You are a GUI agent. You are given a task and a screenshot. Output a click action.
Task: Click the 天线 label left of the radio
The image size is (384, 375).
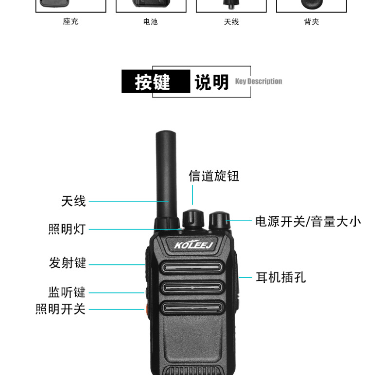(x=73, y=201)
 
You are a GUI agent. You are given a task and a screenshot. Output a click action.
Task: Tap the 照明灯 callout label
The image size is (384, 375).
(x=67, y=229)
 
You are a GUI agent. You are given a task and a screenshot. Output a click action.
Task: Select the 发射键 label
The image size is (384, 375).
(x=68, y=263)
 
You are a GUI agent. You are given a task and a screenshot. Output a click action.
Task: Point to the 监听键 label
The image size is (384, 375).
(x=67, y=292)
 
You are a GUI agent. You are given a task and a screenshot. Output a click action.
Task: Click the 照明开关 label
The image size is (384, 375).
(x=61, y=309)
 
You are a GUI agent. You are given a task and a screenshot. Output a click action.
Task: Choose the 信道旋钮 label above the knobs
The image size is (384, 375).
(x=214, y=176)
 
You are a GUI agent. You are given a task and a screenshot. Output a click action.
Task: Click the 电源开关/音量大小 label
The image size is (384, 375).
(x=308, y=222)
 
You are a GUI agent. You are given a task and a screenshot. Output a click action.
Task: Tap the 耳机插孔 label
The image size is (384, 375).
(x=281, y=277)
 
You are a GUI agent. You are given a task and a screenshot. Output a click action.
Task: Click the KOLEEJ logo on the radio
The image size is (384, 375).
(x=194, y=245)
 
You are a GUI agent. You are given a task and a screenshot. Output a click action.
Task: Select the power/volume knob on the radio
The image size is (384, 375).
(x=219, y=220)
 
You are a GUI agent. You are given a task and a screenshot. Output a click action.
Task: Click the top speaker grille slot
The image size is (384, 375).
(x=192, y=267)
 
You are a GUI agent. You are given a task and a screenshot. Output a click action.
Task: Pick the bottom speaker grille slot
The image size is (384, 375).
(x=192, y=307)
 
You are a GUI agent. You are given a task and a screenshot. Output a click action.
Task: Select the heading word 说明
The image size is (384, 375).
(x=211, y=82)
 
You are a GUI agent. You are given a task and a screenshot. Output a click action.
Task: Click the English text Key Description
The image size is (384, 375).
(x=259, y=82)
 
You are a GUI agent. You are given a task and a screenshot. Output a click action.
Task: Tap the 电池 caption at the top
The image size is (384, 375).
(x=151, y=22)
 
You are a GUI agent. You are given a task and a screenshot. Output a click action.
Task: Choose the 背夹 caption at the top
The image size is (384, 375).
(x=312, y=22)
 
